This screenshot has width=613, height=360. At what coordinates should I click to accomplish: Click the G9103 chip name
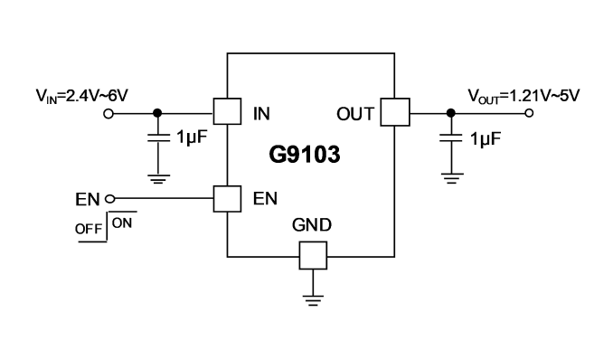pyautogui.click(x=305, y=155)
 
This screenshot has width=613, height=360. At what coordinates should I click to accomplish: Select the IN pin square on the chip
pyautogui.click(x=227, y=111)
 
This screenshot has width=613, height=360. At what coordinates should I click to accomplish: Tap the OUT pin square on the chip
pyautogui.click(x=395, y=112)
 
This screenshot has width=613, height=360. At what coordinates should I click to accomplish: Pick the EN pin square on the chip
pyautogui.click(x=227, y=199)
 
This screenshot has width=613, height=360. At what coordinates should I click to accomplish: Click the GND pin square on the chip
pyautogui.click(x=313, y=255)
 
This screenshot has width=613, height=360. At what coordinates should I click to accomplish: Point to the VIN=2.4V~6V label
pyautogui.click(x=82, y=96)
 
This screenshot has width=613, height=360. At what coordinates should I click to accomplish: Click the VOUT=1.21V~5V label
pyautogui.click(x=523, y=96)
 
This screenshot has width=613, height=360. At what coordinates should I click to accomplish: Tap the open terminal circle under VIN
pyautogui.click(x=108, y=114)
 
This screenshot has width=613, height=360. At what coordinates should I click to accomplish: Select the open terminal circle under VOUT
pyautogui.click(x=529, y=113)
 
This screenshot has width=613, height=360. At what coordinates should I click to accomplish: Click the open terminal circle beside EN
pyautogui.click(x=110, y=199)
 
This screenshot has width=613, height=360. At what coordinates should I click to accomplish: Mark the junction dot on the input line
pyautogui.click(x=157, y=113)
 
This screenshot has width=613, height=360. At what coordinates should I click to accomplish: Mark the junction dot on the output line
pyautogui.click(x=451, y=113)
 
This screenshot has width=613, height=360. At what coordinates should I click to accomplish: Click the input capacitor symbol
pyautogui.click(x=158, y=137)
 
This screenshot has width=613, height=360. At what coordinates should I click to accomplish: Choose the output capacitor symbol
pyautogui.click(x=451, y=137)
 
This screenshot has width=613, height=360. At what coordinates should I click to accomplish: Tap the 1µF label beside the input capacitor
pyautogui.click(x=192, y=137)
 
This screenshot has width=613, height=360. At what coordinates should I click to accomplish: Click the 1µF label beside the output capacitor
pyautogui.click(x=486, y=139)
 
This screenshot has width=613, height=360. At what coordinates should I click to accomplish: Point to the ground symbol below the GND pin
pyautogui.click(x=313, y=300)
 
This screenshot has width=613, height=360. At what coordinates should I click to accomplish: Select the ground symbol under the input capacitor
pyautogui.click(x=159, y=179)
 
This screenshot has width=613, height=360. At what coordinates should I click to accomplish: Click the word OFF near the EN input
pyautogui.click(x=89, y=229)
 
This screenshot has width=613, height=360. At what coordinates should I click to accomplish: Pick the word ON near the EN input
pyautogui.click(x=122, y=223)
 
